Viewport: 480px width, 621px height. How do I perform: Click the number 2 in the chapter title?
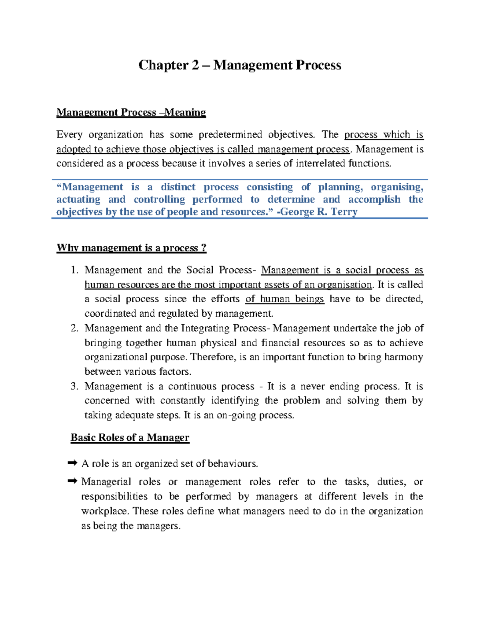[x=195, y=65]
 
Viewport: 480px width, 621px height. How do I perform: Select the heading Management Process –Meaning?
[x=131, y=112]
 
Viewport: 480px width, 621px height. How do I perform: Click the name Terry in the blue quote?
[x=344, y=212]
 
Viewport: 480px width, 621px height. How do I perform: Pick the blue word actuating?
[x=78, y=199]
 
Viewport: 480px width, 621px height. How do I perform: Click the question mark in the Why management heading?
[x=204, y=248]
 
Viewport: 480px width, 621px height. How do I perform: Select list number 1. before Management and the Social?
[x=74, y=270]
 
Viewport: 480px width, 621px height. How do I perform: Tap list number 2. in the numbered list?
[x=74, y=328]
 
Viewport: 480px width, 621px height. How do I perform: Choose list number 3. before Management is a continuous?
[x=74, y=386]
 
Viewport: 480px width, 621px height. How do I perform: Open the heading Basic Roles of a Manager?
[x=130, y=437]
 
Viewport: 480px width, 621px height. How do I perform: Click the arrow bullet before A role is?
[x=72, y=463]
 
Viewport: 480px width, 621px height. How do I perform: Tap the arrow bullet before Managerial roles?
[x=72, y=481]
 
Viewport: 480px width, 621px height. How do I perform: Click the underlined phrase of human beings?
[x=284, y=299]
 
